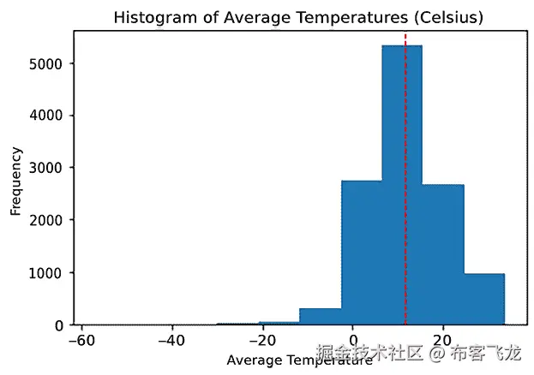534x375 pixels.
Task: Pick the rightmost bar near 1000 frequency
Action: [x=483, y=299]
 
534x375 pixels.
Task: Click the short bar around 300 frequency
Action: [x=320, y=316]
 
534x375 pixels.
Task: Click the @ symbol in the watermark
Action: [x=436, y=353]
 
